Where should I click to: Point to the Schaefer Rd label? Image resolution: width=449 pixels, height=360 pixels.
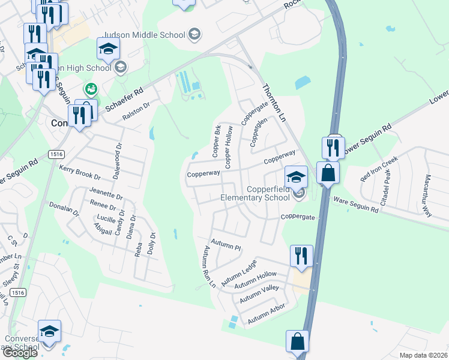[x=125, y=97]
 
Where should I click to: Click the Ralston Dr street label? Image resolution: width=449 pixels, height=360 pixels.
[x=135, y=112]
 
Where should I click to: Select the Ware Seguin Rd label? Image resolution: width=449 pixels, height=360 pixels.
[x=357, y=205]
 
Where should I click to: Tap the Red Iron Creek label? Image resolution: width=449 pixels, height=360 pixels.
[x=379, y=169]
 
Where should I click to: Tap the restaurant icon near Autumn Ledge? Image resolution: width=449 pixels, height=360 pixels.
[x=300, y=256]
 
